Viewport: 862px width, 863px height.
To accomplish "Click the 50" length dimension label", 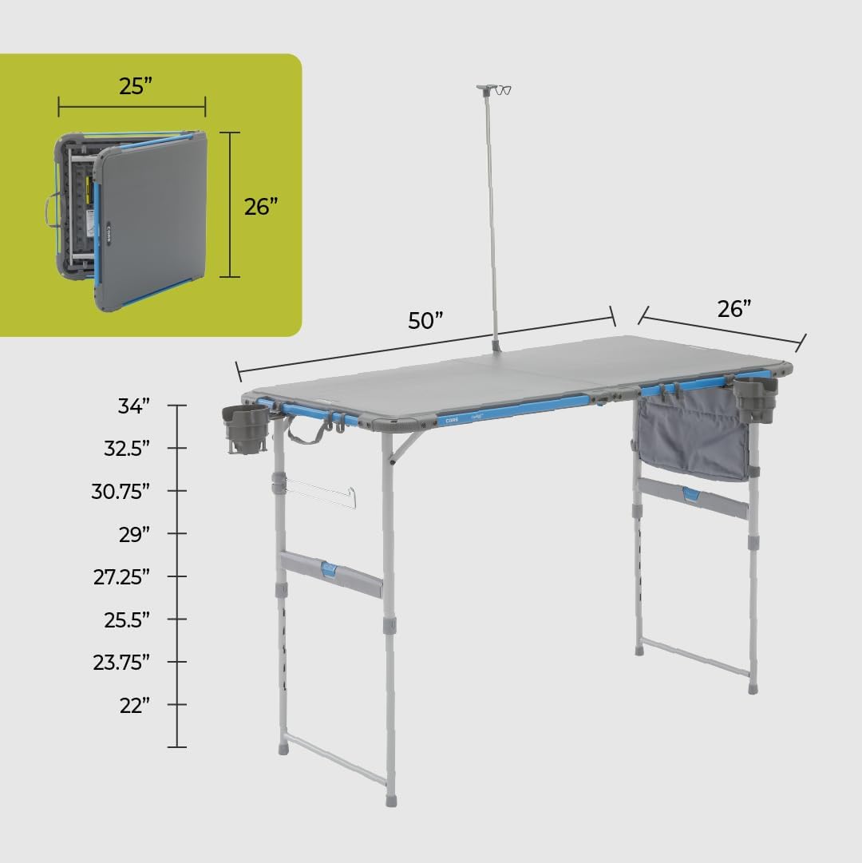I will tap(425, 321).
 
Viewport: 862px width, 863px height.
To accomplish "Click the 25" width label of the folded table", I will tap(135, 87).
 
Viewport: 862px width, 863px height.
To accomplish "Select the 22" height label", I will tap(134, 706).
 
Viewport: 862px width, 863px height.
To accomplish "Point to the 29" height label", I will tap(134, 534).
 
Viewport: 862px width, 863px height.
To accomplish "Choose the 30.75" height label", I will tap(121, 492).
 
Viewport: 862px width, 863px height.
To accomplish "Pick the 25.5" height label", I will tap(127, 620).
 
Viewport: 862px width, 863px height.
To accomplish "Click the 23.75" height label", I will tap(121, 663).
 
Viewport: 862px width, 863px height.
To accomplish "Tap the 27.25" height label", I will tap(121, 577).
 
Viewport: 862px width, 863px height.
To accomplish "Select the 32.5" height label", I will tap(127, 449).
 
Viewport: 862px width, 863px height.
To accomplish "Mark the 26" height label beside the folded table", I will tap(261, 206).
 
